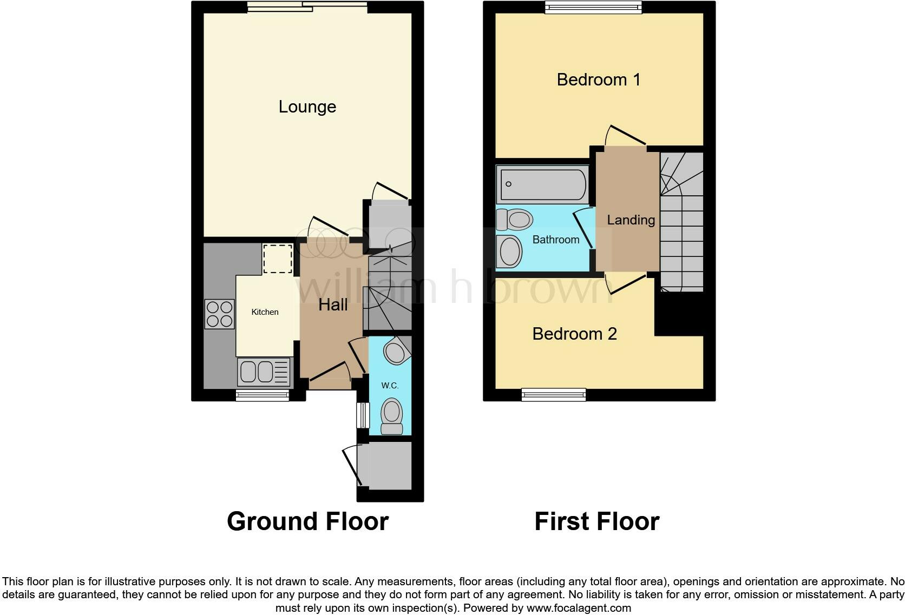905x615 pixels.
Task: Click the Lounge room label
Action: pyautogui.click(x=307, y=107)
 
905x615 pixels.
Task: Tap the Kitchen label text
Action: pyautogui.click(x=265, y=312)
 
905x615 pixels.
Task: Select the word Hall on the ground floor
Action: pyautogui.click(x=333, y=305)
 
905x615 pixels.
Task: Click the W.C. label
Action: pyautogui.click(x=390, y=386)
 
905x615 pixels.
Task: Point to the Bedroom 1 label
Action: pyautogui.click(x=598, y=80)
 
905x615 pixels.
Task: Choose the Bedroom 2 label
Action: pyautogui.click(x=574, y=334)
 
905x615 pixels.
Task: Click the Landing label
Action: pyautogui.click(x=631, y=220)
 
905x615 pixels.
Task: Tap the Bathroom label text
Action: pyautogui.click(x=555, y=240)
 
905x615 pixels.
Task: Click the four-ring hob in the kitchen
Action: pyautogui.click(x=219, y=314)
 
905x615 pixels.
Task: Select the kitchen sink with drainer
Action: pyautogui.click(x=265, y=372)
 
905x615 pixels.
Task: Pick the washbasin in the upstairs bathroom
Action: pyautogui.click(x=510, y=252)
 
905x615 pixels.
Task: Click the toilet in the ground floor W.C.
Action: pyautogui.click(x=391, y=416)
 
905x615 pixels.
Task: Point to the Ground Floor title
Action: pyautogui.click(x=307, y=521)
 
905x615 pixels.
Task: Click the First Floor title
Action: pyautogui.click(x=596, y=521)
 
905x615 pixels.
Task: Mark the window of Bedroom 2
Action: pyautogui.click(x=553, y=394)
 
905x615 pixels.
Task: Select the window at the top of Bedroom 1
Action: pyautogui.click(x=593, y=7)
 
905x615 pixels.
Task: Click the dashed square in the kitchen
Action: pyautogui.click(x=278, y=259)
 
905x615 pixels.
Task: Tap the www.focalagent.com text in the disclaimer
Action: pyautogui.click(x=578, y=608)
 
